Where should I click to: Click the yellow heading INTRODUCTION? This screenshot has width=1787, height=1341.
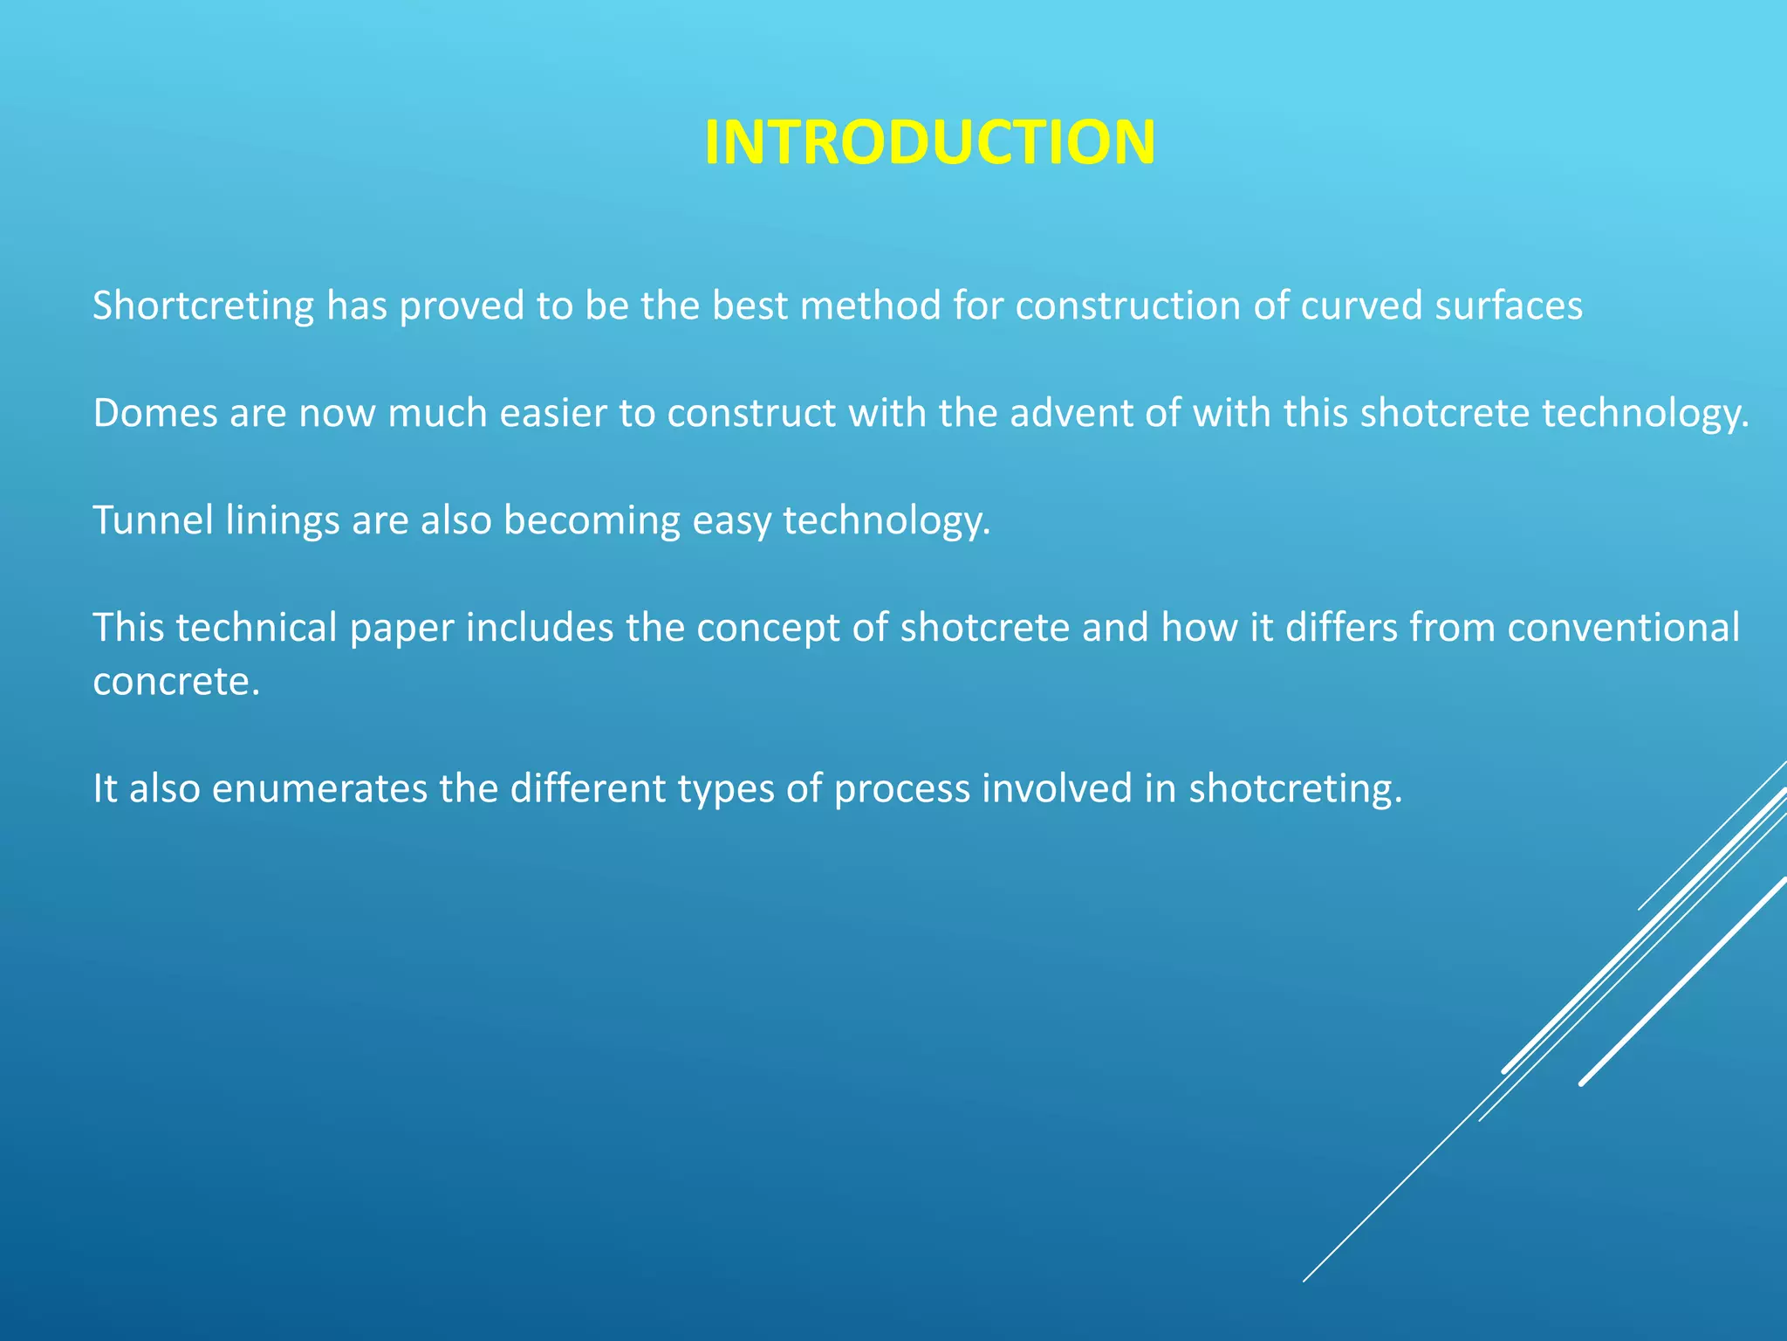click(x=929, y=142)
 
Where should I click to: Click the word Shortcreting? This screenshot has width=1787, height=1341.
click(x=203, y=306)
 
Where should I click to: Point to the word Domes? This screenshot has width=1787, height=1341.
click(x=154, y=413)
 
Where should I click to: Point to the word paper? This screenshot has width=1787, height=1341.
click(x=401, y=629)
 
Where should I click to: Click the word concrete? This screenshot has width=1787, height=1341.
click(x=175, y=682)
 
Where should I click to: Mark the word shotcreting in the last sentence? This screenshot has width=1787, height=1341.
click(x=1295, y=789)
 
